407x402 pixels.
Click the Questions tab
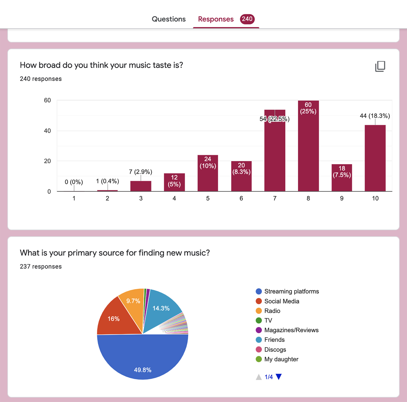(169, 19)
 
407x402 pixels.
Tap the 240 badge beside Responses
(247, 19)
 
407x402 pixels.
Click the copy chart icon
(380, 66)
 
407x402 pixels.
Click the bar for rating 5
(208, 177)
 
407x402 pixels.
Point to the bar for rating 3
(141, 186)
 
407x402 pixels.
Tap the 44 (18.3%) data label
(375, 116)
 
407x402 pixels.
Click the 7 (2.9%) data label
(140, 172)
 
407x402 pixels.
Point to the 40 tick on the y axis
(47, 131)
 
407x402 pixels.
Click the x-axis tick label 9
(342, 198)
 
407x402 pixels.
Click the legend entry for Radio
(272, 311)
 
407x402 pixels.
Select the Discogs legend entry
(275, 349)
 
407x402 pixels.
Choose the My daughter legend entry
(281, 359)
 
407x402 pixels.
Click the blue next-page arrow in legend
(279, 377)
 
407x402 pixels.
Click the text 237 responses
(41, 266)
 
